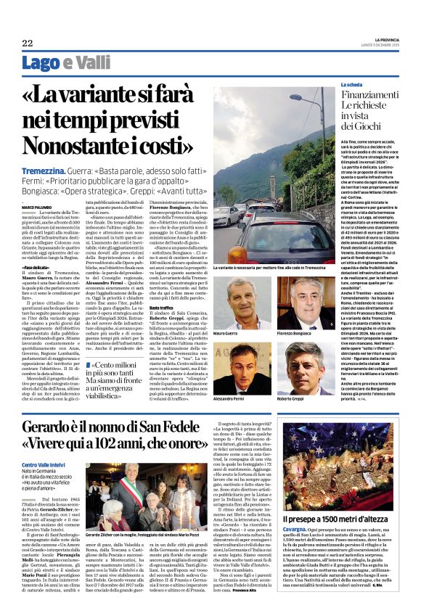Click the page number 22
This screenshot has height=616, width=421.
[27, 43]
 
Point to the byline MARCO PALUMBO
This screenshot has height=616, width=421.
[37, 207]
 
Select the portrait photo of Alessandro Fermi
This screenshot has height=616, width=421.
[242, 368]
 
